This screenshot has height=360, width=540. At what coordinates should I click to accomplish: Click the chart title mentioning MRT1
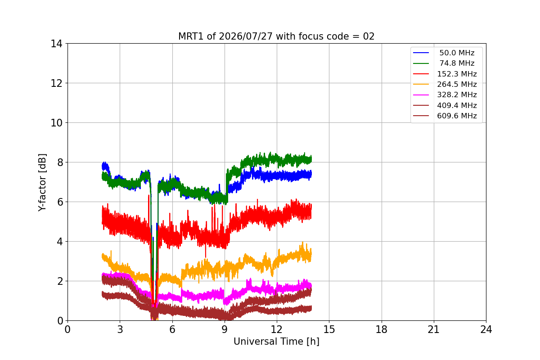276,36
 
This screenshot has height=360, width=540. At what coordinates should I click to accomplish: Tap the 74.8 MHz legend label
457,63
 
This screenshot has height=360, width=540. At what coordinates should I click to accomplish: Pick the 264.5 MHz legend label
457,84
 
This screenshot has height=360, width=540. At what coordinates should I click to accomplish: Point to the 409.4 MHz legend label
457,105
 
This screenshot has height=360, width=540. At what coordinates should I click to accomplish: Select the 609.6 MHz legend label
457,116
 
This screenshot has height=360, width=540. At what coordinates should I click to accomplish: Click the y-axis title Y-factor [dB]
42,183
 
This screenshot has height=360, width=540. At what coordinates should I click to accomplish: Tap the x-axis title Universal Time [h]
276,342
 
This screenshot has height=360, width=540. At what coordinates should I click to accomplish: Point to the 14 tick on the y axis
56,44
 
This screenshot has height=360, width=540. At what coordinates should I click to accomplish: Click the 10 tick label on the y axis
56,123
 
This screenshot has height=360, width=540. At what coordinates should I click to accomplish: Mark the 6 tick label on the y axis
60,202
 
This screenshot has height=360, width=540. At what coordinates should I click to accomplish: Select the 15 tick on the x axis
329,329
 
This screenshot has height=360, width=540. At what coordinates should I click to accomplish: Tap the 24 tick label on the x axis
486,329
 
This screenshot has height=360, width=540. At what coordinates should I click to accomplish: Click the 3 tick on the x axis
120,329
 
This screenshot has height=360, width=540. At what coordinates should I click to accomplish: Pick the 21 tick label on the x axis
434,329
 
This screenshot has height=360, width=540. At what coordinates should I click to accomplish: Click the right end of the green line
311,159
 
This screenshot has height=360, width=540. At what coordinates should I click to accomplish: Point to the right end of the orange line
311,254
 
